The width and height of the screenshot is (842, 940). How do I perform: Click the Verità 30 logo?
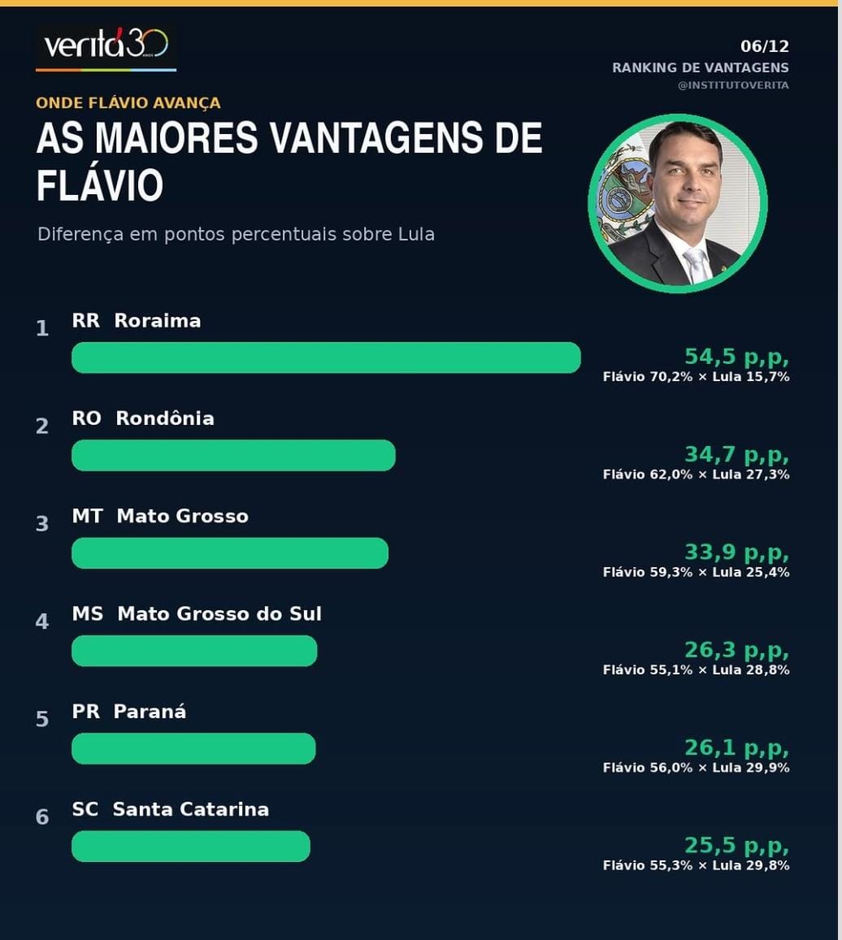pyautogui.click(x=106, y=47)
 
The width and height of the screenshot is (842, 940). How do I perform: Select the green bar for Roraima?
pyautogui.click(x=326, y=358)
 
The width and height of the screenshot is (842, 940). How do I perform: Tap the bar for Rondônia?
pyautogui.click(x=233, y=456)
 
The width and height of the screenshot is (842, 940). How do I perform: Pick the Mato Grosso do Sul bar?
pyautogui.click(x=194, y=651)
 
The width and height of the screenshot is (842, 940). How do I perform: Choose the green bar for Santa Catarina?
pyautogui.click(x=191, y=847)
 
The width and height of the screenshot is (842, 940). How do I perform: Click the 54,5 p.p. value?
pyautogui.click(x=736, y=357)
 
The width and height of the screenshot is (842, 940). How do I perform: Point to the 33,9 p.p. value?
pyautogui.click(x=736, y=552)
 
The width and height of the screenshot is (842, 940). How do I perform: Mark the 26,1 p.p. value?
pyautogui.click(x=736, y=747)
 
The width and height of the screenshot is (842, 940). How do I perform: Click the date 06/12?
pyautogui.click(x=765, y=46)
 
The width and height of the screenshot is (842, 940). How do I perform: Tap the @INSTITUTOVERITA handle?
pyautogui.click(x=733, y=85)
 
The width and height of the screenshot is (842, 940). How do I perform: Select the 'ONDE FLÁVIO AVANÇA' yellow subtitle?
pyautogui.click(x=128, y=103)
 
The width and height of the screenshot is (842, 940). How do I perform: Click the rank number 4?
pyautogui.click(x=42, y=621)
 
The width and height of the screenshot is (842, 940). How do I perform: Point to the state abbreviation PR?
pyautogui.click(x=86, y=711)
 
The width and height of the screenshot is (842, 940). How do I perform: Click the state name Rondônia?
pyautogui.click(x=165, y=418)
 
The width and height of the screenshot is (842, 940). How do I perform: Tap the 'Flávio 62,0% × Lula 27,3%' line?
pyautogui.click(x=697, y=474)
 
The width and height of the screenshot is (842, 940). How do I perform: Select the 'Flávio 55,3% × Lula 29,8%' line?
pyautogui.click(x=697, y=865)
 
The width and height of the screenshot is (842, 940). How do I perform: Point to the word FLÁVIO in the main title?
pyautogui.click(x=99, y=184)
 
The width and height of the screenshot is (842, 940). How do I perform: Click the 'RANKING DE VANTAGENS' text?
pyautogui.click(x=701, y=67)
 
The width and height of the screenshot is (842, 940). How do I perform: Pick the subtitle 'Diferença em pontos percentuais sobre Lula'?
pyautogui.click(x=236, y=234)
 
